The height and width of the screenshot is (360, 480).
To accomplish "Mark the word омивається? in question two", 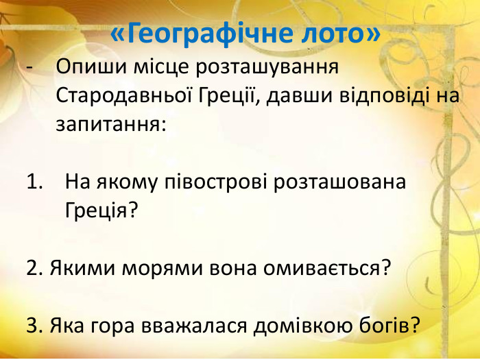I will click(328, 267).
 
